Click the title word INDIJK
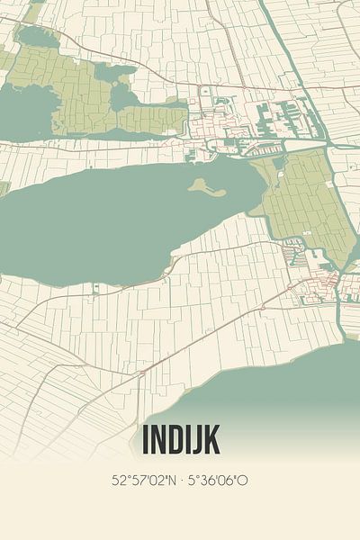tap(180, 440)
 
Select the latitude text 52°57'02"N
tap(144, 481)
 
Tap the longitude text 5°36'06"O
tap(217, 481)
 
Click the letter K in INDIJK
tap(210, 440)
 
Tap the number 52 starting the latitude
tap(118, 481)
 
